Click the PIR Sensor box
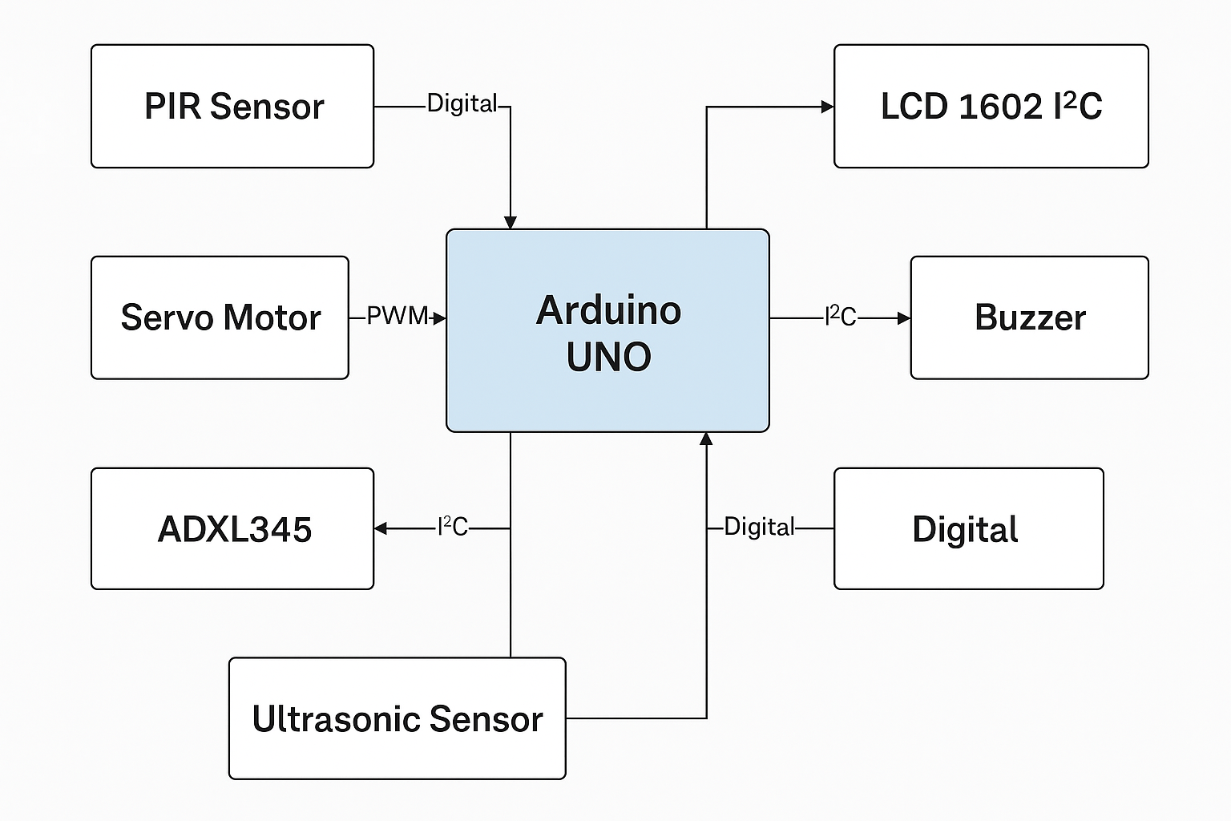[x=232, y=106]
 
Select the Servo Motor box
[x=220, y=317]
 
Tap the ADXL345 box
[x=232, y=529]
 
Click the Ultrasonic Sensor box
[x=397, y=718]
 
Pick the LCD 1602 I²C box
[x=991, y=106]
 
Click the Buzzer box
[x=1029, y=317]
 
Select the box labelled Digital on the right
[x=968, y=529]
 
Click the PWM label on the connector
[x=396, y=317]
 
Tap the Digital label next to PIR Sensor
[x=462, y=103]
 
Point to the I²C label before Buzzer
[x=840, y=317]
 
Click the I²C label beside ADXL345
[x=452, y=527]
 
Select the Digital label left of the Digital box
[x=758, y=527]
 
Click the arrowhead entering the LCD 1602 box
[x=828, y=107]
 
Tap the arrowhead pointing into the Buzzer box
[x=904, y=318]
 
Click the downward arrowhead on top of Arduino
[x=510, y=222]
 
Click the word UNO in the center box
[x=608, y=358]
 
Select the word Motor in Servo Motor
[x=272, y=317]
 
